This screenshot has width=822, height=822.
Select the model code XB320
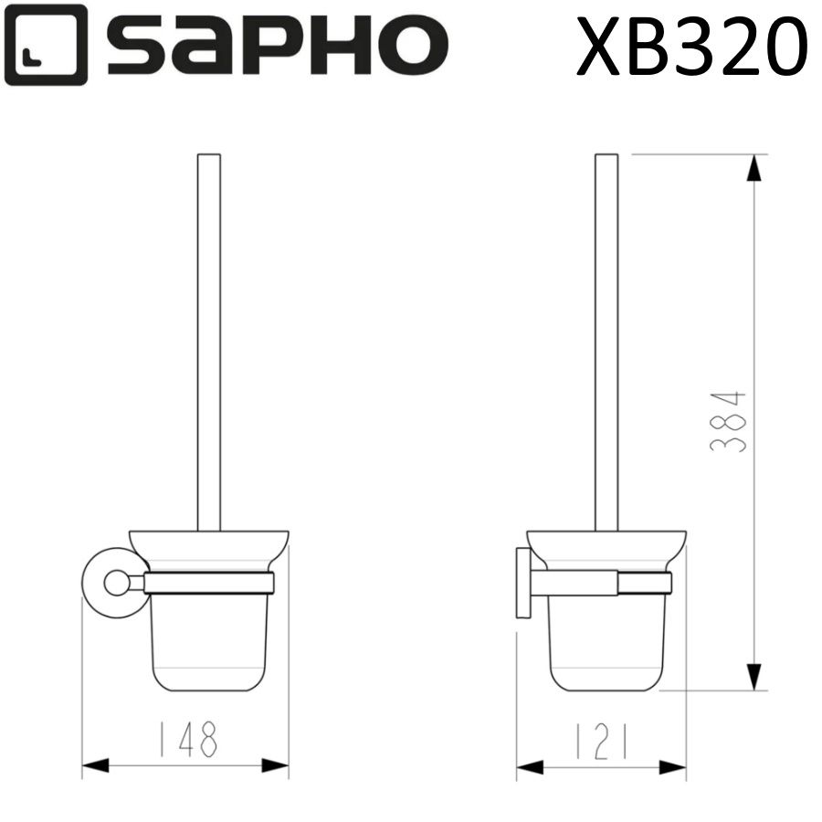click(x=692, y=46)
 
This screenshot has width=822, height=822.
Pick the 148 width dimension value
click(x=185, y=739)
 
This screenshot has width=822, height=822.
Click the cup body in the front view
click(x=209, y=644)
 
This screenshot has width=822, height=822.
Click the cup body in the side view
click(x=607, y=644)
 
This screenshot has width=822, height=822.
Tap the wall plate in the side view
click(x=522, y=583)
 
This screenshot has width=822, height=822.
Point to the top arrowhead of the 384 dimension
click(x=753, y=169)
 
